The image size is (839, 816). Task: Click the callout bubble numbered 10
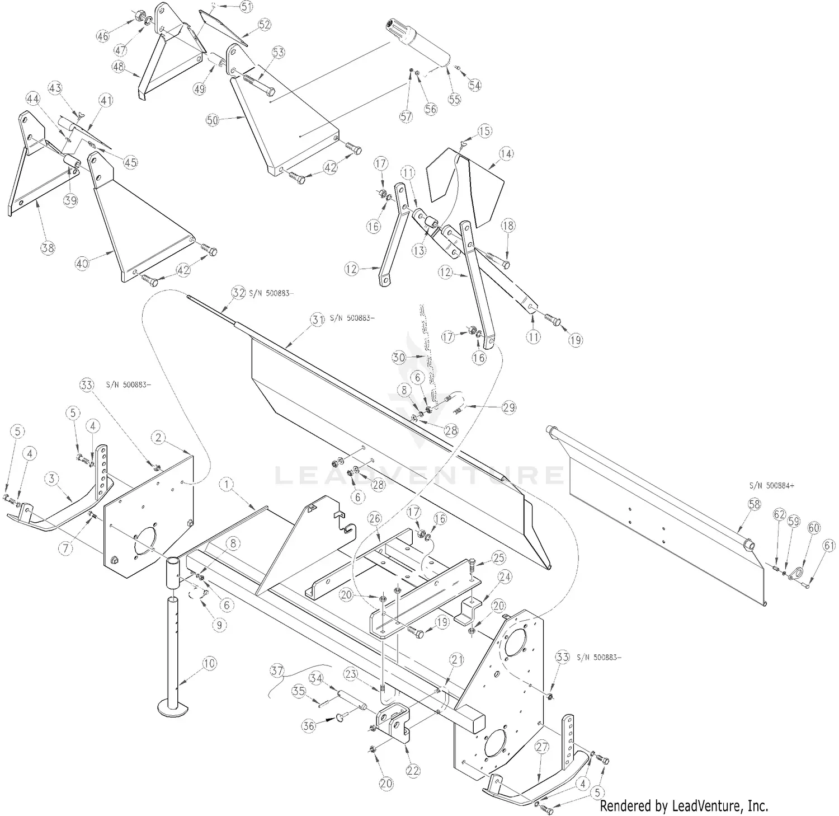[208, 664]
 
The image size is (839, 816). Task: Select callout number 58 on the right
[755, 504]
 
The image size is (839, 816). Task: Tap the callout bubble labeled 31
[318, 319]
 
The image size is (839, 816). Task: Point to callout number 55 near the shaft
[455, 100]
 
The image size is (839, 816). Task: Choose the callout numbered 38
[48, 248]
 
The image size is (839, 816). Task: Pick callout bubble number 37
[277, 670]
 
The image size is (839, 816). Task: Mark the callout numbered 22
[413, 771]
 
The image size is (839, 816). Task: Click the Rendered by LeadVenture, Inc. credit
[684, 806]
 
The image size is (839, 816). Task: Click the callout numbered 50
[212, 119]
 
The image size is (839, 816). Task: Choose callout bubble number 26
[374, 519]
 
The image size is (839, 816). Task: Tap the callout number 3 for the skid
[52, 479]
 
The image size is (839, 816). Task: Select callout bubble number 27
[541, 747]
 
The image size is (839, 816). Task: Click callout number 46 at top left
[102, 36]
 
